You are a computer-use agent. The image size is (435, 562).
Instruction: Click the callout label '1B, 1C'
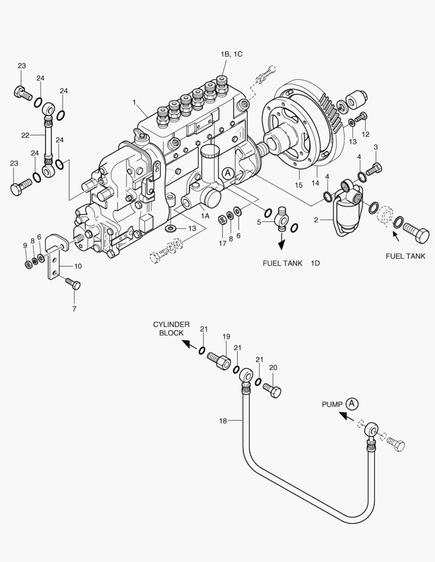click(x=231, y=54)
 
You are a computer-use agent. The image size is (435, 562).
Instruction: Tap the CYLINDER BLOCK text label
click(x=171, y=328)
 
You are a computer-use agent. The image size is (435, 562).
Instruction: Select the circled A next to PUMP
click(x=353, y=403)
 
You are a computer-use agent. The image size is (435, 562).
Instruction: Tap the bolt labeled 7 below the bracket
click(x=73, y=284)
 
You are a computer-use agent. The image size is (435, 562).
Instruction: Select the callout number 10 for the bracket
click(x=78, y=266)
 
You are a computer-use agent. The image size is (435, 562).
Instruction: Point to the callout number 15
click(x=299, y=185)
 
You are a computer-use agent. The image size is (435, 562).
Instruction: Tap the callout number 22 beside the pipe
click(x=26, y=135)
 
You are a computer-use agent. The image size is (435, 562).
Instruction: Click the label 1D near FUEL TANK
click(x=315, y=263)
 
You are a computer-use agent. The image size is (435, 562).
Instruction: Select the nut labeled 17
click(x=221, y=219)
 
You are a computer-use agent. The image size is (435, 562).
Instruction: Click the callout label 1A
click(x=205, y=215)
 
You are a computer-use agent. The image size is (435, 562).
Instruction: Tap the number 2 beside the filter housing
click(x=315, y=220)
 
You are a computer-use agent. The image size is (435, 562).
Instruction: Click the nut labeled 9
click(x=28, y=264)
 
